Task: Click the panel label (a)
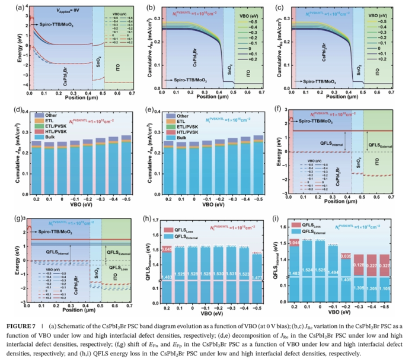[8, 8]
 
